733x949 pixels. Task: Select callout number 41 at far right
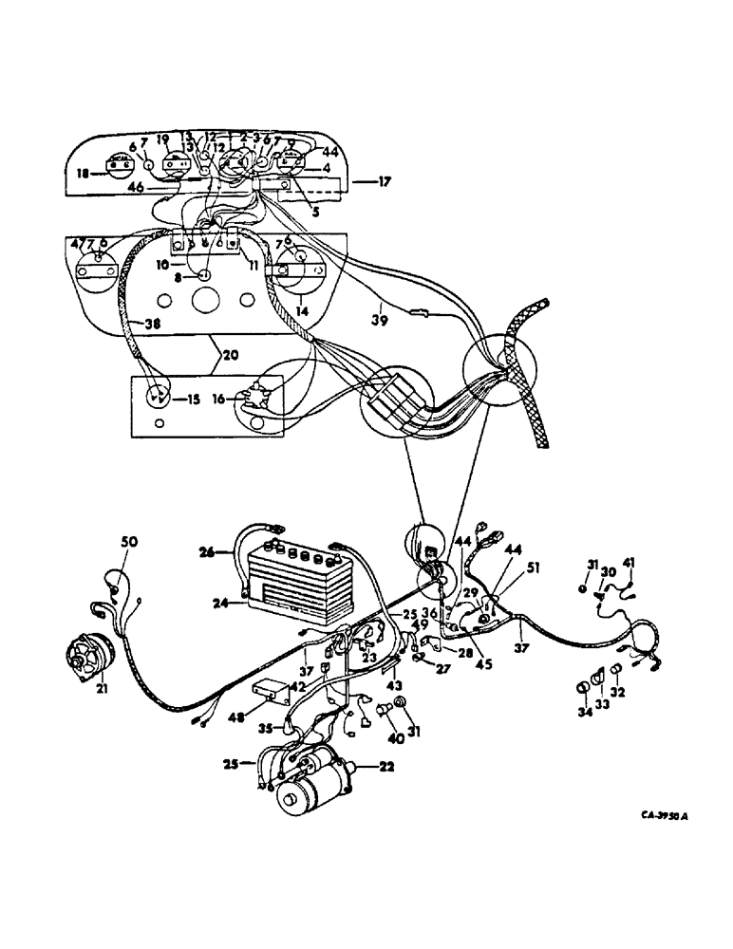(x=630, y=564)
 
